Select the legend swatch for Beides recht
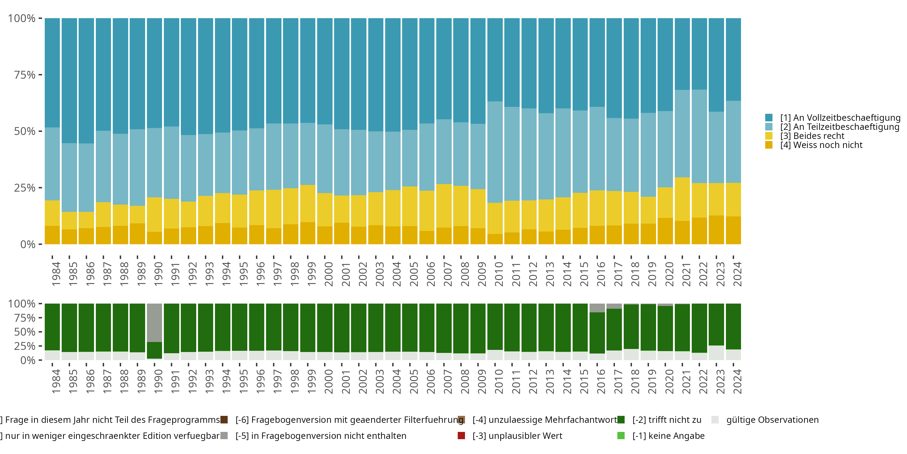[769, 136]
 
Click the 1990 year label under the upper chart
[158, 274]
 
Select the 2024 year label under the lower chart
[737, 381]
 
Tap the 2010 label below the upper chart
[499, 274]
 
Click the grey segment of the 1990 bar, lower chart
[154, 323]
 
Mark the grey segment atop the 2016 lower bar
[597, 308]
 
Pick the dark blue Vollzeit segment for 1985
[69, 81]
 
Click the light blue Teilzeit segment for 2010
[495, 152]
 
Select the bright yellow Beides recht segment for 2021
[682, 199]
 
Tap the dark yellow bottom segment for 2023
[716, 230]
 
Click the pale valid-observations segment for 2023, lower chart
[716, 353]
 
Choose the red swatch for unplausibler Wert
[461, 436]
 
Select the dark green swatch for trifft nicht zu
[621, 420]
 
